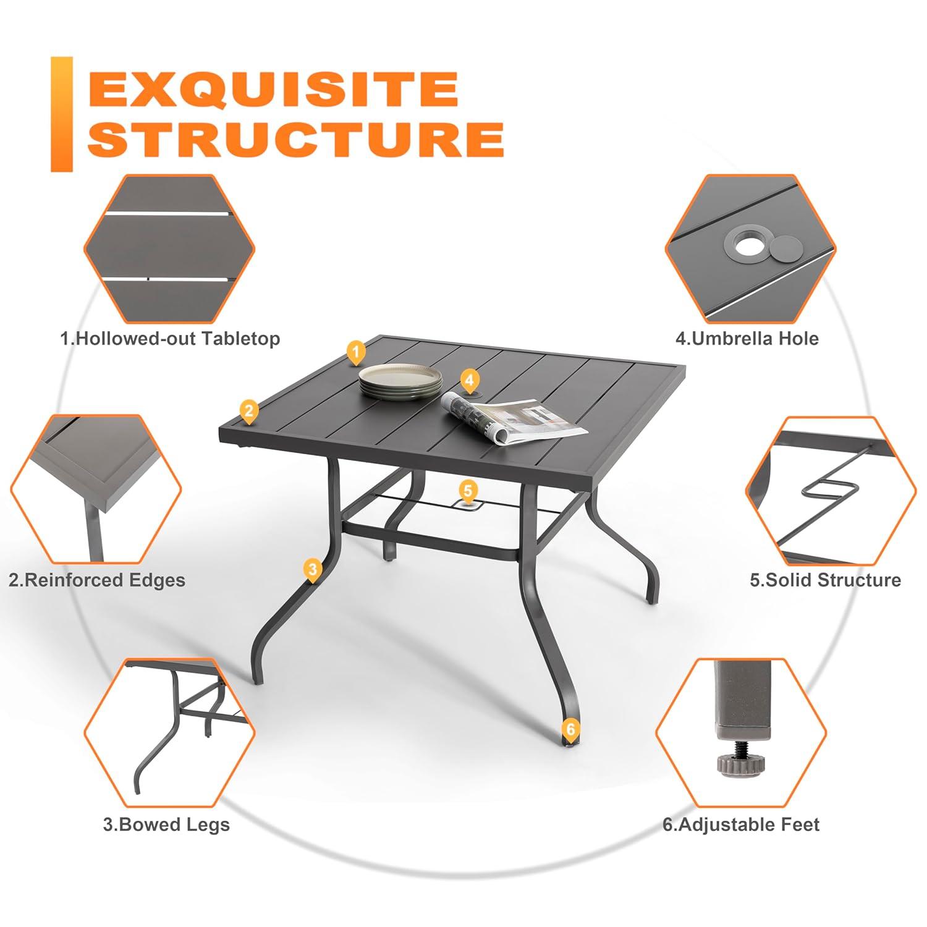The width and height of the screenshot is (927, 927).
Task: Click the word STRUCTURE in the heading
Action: pyautogui.click(x=296, y=139)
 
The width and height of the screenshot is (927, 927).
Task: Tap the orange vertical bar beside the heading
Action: pyautogui.click(x=61, y=114)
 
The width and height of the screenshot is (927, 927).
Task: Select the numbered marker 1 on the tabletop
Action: pyautogui.click(x=355, y=352)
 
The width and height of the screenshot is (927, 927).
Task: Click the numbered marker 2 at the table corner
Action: pyautogui.click(x=248, y=411)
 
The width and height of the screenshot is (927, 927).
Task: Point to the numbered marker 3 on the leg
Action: pyautogui.click(x=312, y=569)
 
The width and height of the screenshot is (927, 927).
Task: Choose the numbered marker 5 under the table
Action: pyautogui.click(x=468, y=491)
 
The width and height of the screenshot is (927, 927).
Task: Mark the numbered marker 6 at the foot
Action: pyautogui.click(x=570, y=729)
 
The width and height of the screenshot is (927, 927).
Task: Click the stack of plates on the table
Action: pyautogui.click(x=400, y=381)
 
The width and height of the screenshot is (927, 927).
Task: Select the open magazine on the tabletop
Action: pyautogui.click(x=513, y=419)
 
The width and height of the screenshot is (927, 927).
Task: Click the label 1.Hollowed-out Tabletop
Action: pyautogui.click(x=170, y=339)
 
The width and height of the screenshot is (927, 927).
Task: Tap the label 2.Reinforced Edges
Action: pyautogui.click(x=97, y=580)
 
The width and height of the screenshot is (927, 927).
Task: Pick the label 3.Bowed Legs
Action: pyautogui.click(x=166, y=824)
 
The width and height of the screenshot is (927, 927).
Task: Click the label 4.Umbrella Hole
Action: pyautogui.click(x=747, y=339)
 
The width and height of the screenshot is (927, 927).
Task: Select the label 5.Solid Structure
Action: pyautogui.click(x=825, y=580)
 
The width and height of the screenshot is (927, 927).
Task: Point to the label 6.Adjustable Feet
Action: pyautogui.click(x=741, y=824)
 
